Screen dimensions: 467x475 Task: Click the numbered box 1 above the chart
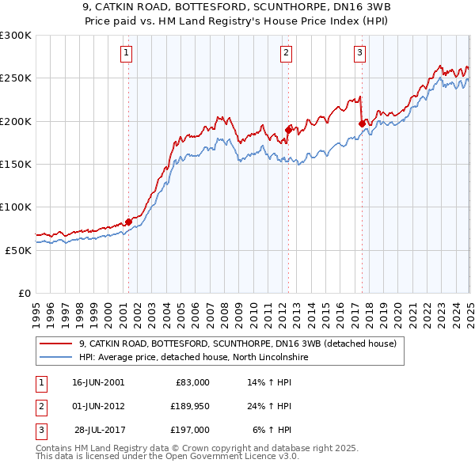pyautogui.click(x=127, y=53)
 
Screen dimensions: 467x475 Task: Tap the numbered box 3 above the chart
pyautogui.click(x=359, y=53)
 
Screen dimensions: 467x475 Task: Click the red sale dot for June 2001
pyautogui.click(x=128, y=222)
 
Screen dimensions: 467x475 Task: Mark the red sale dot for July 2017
pyautogui.click(x=362, y=123)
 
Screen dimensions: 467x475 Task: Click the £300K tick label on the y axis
pyautogui.click(x=16, y=36)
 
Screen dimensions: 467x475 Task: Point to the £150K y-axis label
pyautogui.click(x=16, y=164)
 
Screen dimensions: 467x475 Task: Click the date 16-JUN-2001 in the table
pyautogui.click(x=98, y=382)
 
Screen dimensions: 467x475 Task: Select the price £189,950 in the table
pyautogui.click(x=188, y=406)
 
